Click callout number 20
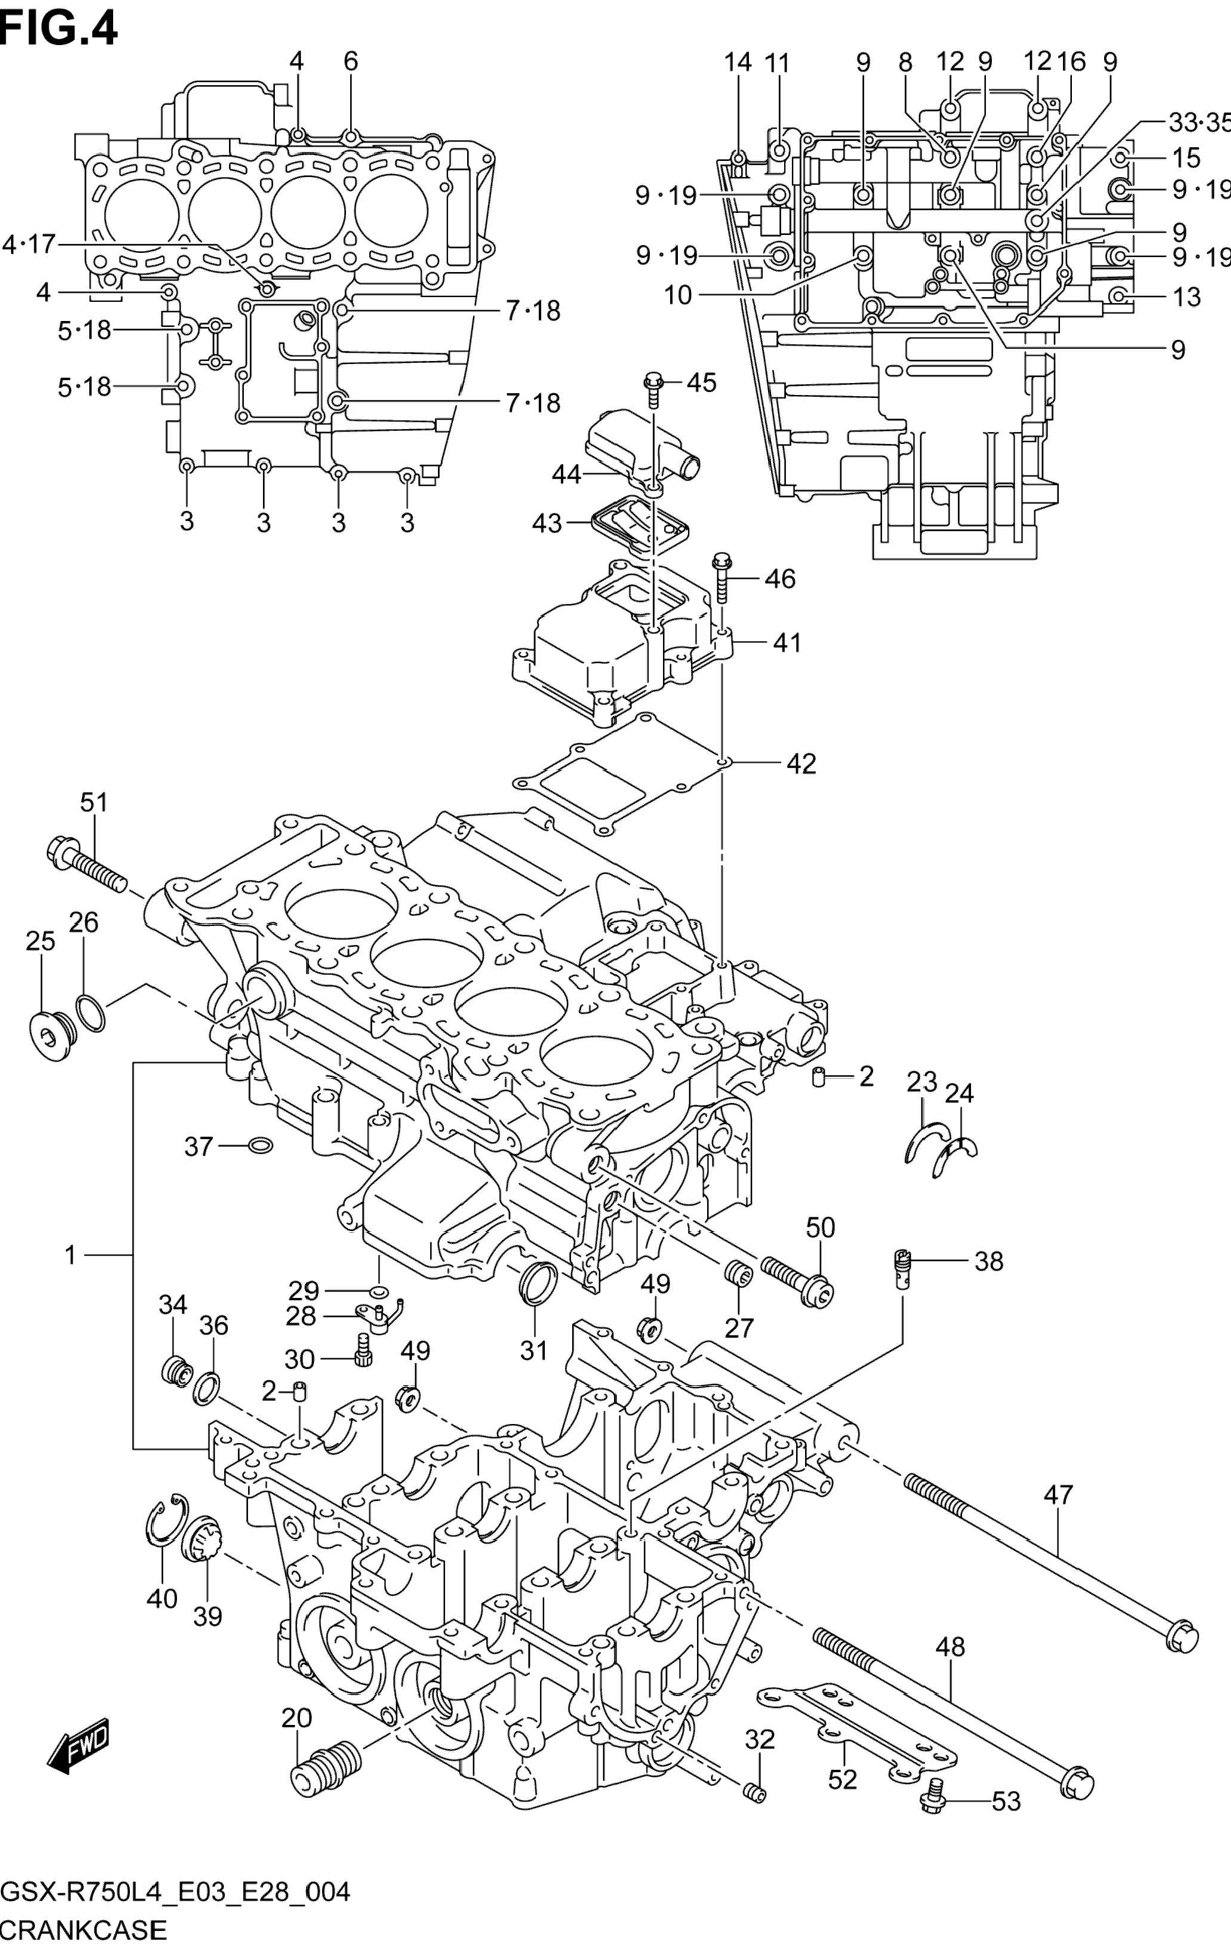tap(296, 1717)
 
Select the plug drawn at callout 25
tap(52, 1036)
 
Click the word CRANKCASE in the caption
tap(84, 1928)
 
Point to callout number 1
tap(71, 1255)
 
